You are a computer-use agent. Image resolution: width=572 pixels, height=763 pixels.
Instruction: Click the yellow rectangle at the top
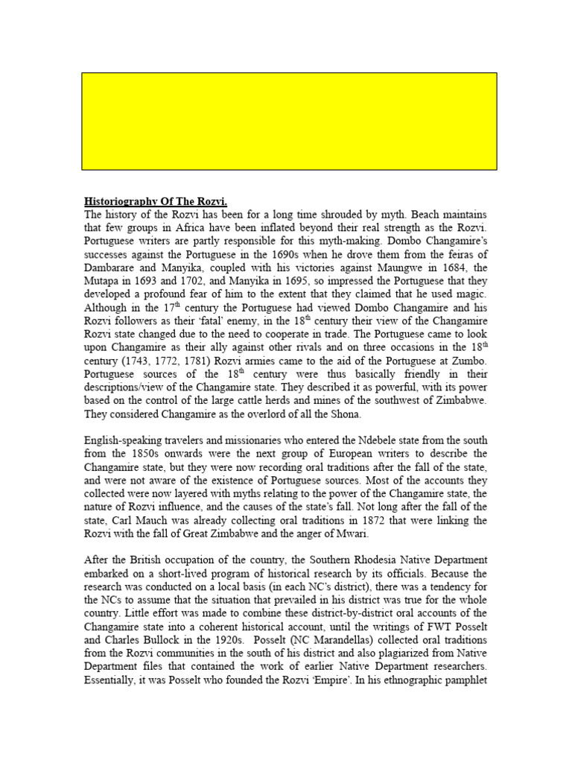click(x=289, y=121)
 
